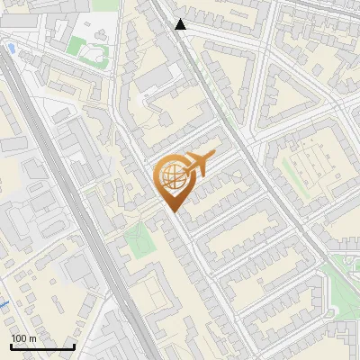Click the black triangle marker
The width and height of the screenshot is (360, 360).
[x=181, y=24]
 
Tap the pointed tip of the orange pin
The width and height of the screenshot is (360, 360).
[x=172, y=211]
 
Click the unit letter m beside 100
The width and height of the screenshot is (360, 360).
[x=33, y=339]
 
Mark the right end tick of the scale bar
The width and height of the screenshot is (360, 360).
[x=74, y=346]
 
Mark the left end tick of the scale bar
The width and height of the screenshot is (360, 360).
[x=11, y=346]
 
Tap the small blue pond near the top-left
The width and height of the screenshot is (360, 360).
[x=11, y=46]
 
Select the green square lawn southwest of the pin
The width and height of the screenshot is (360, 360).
[x=138, y=239]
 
